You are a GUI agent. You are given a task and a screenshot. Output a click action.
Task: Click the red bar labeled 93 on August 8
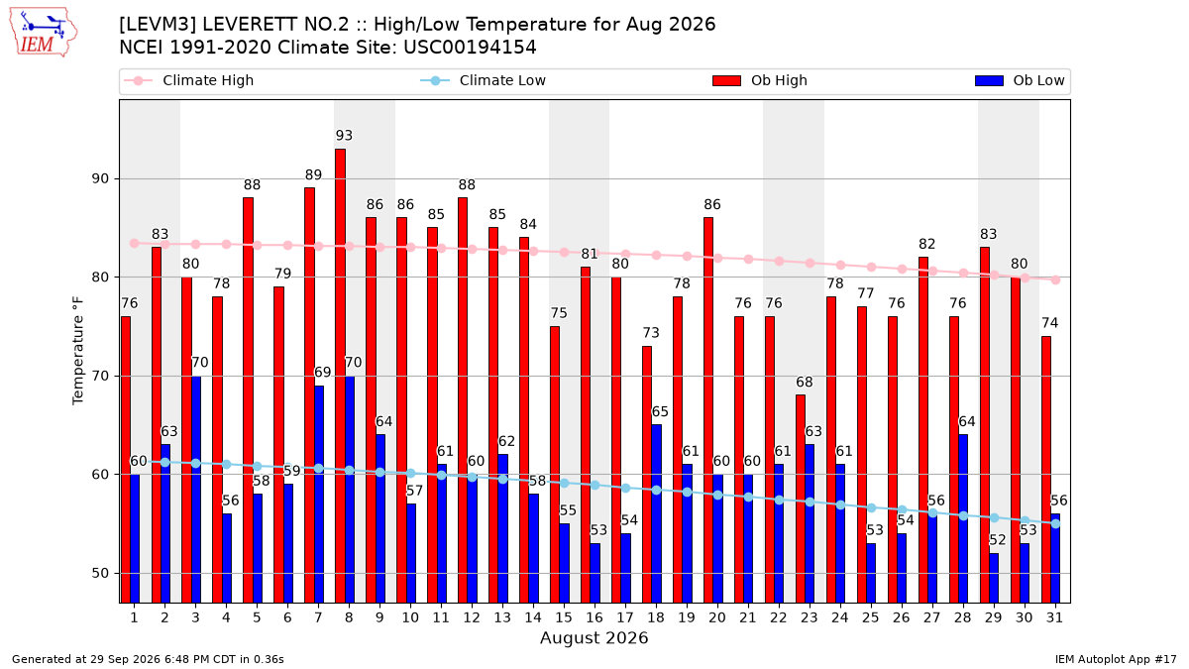pos(340,376)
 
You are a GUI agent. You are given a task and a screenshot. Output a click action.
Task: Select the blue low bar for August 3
pos(196,490)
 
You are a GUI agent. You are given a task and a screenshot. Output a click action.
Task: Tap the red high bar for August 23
pos(801,499)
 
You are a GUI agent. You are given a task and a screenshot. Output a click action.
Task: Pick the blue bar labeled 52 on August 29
pos(994,578)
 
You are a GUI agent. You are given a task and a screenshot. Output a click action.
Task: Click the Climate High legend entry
pos(188,80)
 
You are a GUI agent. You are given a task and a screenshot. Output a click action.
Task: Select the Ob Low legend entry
pos(1020,80)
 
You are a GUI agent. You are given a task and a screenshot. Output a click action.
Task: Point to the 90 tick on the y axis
pos(100,178)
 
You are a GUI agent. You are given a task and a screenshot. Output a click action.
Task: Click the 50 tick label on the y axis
pos(100,573)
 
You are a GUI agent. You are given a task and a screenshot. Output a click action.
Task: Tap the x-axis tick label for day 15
pos(564,617)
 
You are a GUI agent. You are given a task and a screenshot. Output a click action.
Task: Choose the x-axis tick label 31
pos(1054,617)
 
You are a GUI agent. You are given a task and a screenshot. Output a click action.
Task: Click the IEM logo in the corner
pos(43,33)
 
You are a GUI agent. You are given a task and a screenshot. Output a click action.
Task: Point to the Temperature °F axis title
pos(78,351)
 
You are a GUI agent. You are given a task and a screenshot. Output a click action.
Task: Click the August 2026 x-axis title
pos(594,637)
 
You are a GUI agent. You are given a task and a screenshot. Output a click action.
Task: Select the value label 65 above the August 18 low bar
pos(660,412)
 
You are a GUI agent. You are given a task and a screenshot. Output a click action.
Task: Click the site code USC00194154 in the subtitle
pos(470,48)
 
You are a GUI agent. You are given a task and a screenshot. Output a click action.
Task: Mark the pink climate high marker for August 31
pos(1056,279)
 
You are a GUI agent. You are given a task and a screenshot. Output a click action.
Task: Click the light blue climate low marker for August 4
pos(227,464)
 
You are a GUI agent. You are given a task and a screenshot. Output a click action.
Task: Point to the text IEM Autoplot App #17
pos(1116,659)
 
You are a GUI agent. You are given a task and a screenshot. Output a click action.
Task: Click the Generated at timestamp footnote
pos(148,659)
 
